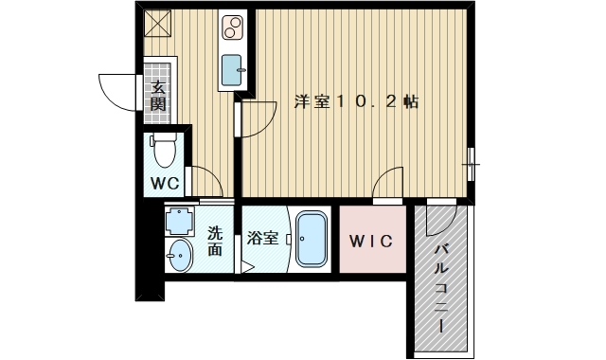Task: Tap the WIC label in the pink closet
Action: coord(369,240)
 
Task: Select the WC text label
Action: coord(166,184)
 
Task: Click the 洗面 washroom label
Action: coord(215,242)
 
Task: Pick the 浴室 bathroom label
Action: coord(263,238)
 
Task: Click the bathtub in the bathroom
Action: coord(312,239)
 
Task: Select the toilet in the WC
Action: coord(166,151)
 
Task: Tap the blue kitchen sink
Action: coord(232,69)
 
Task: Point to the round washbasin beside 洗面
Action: coord(179,254)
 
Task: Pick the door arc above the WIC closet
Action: coord(388,183)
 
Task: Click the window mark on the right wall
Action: coord(472,164)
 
